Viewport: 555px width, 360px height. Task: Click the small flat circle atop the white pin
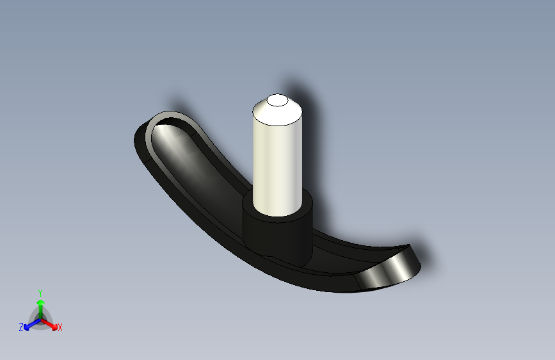[277, 101]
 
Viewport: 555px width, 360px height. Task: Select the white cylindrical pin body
[277, 167]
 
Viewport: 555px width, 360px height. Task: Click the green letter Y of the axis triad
[40, 293]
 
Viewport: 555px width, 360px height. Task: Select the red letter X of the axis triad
[60, 328]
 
